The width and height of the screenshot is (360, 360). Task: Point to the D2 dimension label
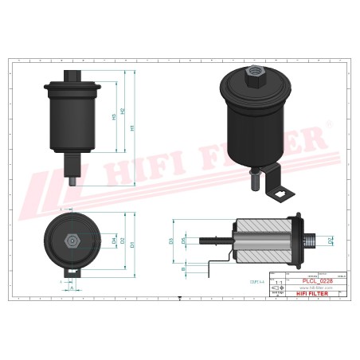pyautogui.click(x=122, y=241)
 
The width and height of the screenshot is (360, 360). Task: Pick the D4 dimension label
pyautogui.click(x=114, y=240)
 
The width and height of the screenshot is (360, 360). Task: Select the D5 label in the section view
pyautogui.click(x=185, y=240)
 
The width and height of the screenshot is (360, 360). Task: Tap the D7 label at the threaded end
pyautogui.click(x=330, y=240)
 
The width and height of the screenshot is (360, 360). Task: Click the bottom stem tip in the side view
pyautogui.click(x=73, y=181)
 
